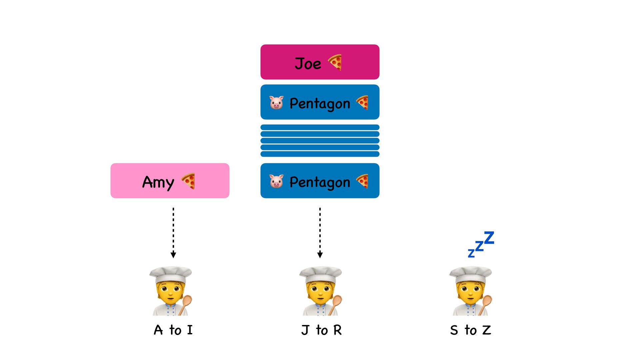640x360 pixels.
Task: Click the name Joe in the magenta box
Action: (x=308, y=63)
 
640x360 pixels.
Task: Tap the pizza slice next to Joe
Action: (x=335, y=62)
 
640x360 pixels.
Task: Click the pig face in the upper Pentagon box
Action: (x=276, y=103)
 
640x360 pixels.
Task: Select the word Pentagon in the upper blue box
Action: (x=320, y=104)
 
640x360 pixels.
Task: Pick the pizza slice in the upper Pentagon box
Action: (x=362, y=102)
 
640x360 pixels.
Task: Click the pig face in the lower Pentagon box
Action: (x=276, y=181)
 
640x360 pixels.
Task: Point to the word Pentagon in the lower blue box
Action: (x=320, y=182)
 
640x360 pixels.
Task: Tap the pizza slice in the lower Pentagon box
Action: (x=362, y=181)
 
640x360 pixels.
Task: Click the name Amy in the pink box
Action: (x=158, y=182)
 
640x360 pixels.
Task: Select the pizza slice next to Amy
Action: (x=188, y=181)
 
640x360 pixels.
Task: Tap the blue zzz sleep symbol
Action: (x=481, y=244)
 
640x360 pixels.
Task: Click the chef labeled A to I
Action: (x=171, y=291)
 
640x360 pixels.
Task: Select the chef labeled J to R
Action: (x=321, y=291)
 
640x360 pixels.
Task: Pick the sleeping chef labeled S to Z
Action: (x=470, y=291)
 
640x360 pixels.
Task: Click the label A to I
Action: (x=173, y=330)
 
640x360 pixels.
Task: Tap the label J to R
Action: (x=321, y=330)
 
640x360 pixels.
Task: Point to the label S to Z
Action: (x=470, y=330)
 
